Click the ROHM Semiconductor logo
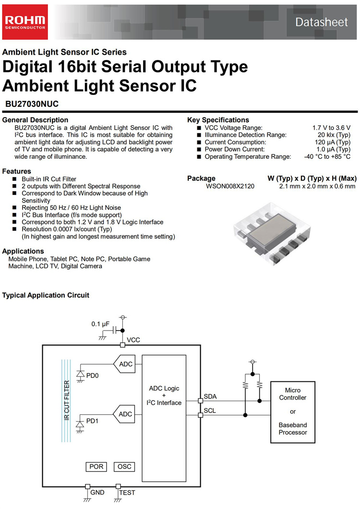pyautogui.click(x=24, y=22)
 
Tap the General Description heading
pyautogui.click(x=36, y=119)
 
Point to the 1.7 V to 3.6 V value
pyautogui.click(x=331, y=128)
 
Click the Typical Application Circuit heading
pyautogui.click(x=46, y=295)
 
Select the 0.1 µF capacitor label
pyautogui.click(x=101, y=324)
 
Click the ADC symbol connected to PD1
pyautogui.click(x=124, y=414)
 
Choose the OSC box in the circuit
pyautogui.click(x=124, y=467)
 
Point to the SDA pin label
pyautogui.click(x=210, y=396)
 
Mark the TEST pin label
pyautogui.click(x=127, y=492)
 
